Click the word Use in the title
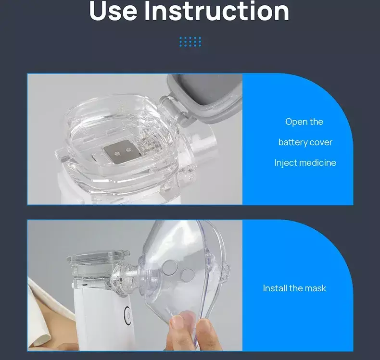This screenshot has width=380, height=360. coord(113,11)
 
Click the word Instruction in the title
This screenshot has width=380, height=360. coord(216,11)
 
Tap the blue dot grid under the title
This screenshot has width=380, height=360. coord(190,42)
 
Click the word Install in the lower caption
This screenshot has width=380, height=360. coord(275,288)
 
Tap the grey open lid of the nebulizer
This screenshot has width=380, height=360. coord(205,97)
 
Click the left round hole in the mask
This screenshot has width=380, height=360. coord(169,267)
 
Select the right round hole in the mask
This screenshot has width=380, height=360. coord(188,275)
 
